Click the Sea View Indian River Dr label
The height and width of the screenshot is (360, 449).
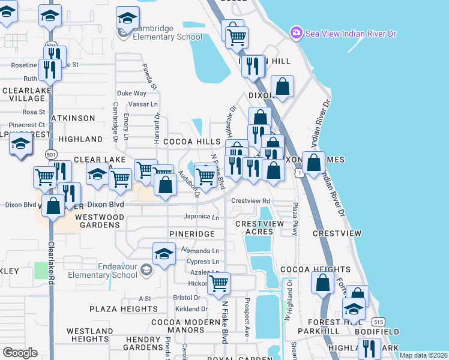(351, 32)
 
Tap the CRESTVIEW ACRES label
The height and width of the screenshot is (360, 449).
(259, 227)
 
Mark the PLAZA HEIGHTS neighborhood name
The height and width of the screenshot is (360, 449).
(124, 309)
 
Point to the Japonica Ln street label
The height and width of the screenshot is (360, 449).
(201, 217)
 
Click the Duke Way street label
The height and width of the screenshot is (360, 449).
(131, 94)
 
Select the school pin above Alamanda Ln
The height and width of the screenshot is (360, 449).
(164, 254)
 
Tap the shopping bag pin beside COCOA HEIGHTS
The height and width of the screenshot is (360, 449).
(322, 283)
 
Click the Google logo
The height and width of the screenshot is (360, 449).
(20, 352)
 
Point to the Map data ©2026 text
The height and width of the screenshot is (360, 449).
(424, 355)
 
